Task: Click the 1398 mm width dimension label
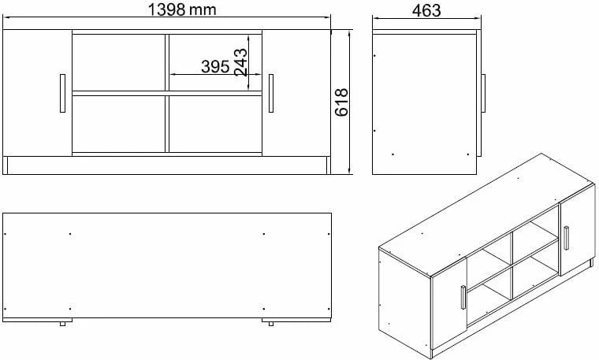pos(182,9)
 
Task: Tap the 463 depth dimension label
pos(426,10)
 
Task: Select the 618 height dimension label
pos(342,102)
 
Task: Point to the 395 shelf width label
pos(214,67)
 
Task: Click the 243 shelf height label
pos(241,61)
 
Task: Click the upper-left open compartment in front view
pos(118,61)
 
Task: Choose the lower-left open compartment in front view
pos(118,122)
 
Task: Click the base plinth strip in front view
pos(166,165)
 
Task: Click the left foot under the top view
pos(61,322)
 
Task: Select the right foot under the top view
pos(270,322)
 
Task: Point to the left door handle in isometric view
pos(461,299)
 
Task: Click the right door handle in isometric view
pos(566,238)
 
